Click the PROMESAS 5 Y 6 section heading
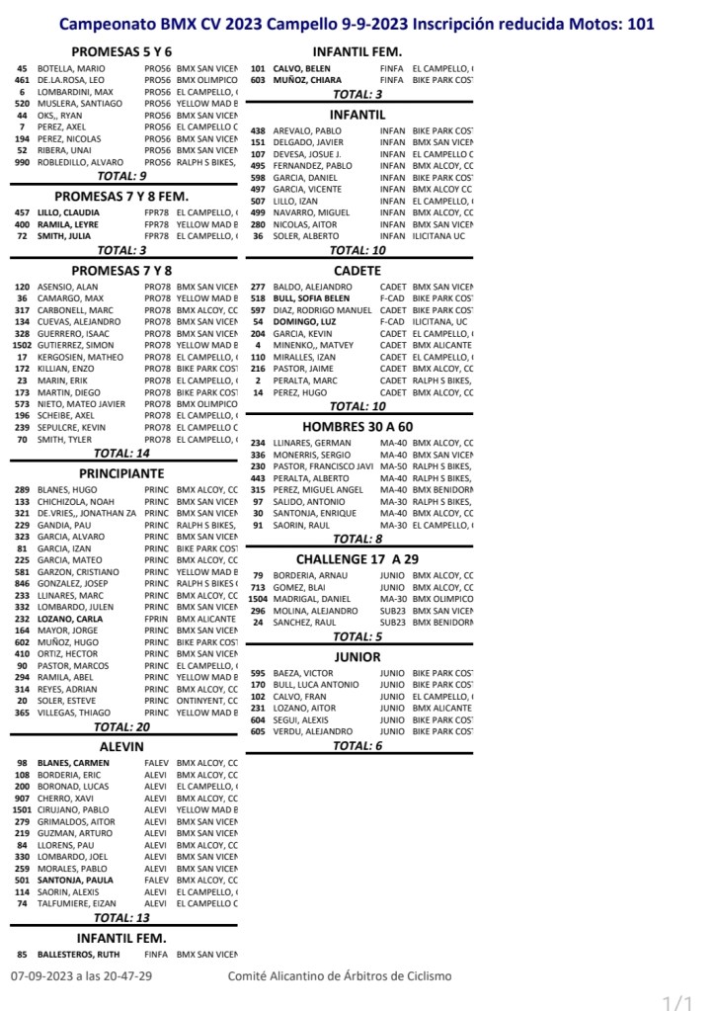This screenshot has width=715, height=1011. [122, 50]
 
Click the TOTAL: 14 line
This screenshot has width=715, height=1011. [122, 453]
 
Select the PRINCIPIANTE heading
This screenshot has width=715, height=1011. [121, 472]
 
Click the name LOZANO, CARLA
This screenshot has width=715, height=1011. [70, 619]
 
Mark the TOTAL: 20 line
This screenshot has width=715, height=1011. [122, 726]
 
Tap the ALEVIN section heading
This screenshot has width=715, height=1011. [122, 747]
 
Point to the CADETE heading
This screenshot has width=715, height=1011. [357, 270]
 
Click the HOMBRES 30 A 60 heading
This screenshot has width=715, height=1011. [357, 426]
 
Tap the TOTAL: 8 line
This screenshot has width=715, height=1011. [357, 539]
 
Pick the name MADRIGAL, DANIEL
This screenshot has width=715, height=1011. [311, 599]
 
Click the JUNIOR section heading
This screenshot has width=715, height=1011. [357, 656]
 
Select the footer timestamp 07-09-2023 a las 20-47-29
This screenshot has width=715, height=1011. [82, 976]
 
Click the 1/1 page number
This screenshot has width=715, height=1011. [677, 1002]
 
